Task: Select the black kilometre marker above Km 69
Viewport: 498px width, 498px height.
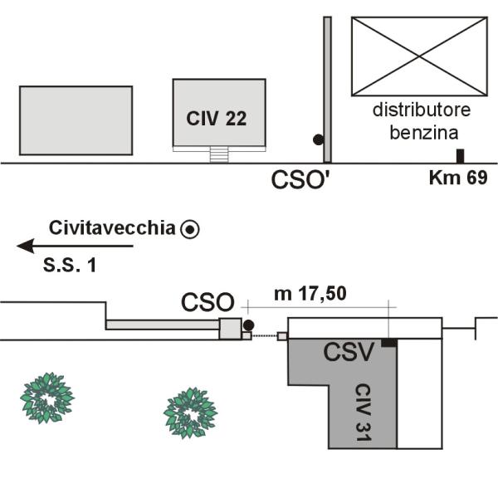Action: pyautogui.click(x=460, y=156)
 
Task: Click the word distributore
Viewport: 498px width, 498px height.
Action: pyautogui.click(x=421, y=110)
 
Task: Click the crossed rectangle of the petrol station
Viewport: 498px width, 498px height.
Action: pyautogui.click(x=418, y=56)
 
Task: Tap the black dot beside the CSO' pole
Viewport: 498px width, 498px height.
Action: pyautogui.click(x=317, y=140)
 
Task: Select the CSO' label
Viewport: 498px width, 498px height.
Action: pyautogui.click(x=300, y=180)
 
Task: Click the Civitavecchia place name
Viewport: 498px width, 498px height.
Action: pyautogui.click(x=113, y=227)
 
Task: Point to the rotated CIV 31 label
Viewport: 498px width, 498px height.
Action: pyautogui.click(x=363, y=411)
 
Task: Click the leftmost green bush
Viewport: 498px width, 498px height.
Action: pyautogui.click(x=46, y=397)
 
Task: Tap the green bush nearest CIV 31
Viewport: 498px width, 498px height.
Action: pyautogui.click(x=190, y=412)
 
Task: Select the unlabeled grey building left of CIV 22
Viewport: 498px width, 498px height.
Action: pyautogui.click(x=76, y=120)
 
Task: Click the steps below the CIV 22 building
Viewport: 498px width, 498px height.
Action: pyautogui.click(x=218, y=155)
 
